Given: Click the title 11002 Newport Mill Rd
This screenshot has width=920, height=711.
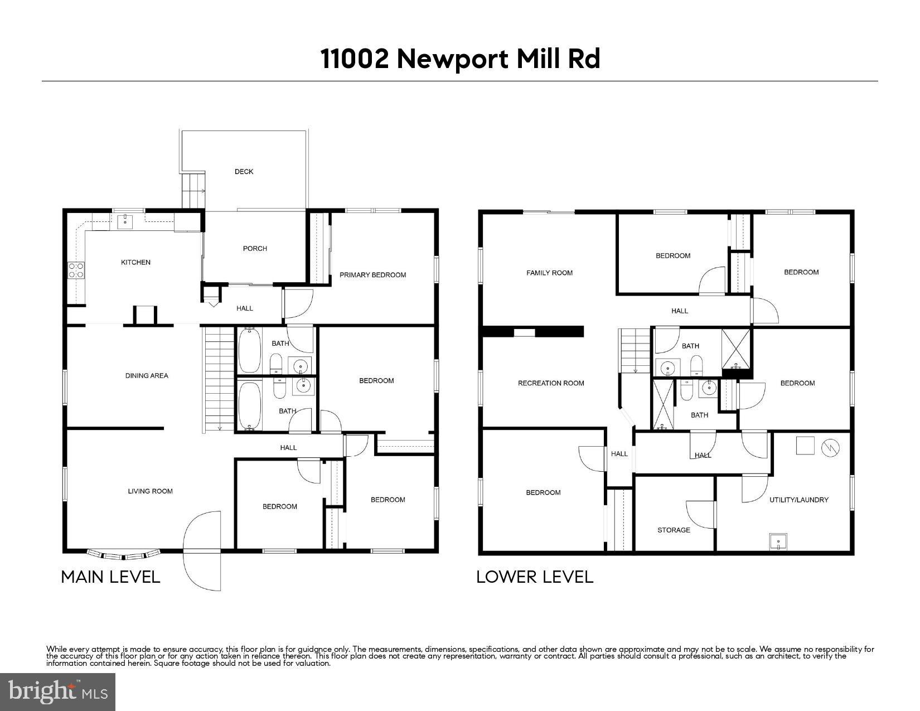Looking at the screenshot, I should tap(460, 59).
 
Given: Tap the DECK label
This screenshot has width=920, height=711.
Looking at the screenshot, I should tap(244, 172).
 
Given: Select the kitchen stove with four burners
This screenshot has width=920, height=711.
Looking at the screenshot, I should tap(76, 270).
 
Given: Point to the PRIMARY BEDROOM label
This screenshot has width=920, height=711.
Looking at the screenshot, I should tap(372, 275).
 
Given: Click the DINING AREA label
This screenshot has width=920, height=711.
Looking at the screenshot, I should tap(147, 376).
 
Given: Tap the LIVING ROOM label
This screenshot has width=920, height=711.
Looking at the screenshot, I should tap(150, 491).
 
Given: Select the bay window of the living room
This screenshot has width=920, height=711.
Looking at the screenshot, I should tap(124, 555).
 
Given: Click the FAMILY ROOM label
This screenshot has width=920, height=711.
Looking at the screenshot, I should tap(549, 273).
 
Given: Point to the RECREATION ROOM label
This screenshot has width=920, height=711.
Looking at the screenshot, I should tap(551, 383).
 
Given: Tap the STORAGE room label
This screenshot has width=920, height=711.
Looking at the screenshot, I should tap(674, 530).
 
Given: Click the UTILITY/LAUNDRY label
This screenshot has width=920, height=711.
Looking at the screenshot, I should tap(799, 500).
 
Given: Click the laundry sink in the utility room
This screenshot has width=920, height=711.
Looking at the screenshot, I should tap(778, 541).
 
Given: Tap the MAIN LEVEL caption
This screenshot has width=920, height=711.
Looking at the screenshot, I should tap(110, 577).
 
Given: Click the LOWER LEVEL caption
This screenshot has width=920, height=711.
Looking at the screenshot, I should tap(534, 577).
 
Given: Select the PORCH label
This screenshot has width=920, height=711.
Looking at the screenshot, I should tap(255, 249).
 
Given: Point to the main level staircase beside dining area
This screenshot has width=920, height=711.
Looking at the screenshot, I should tap(219, 379).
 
